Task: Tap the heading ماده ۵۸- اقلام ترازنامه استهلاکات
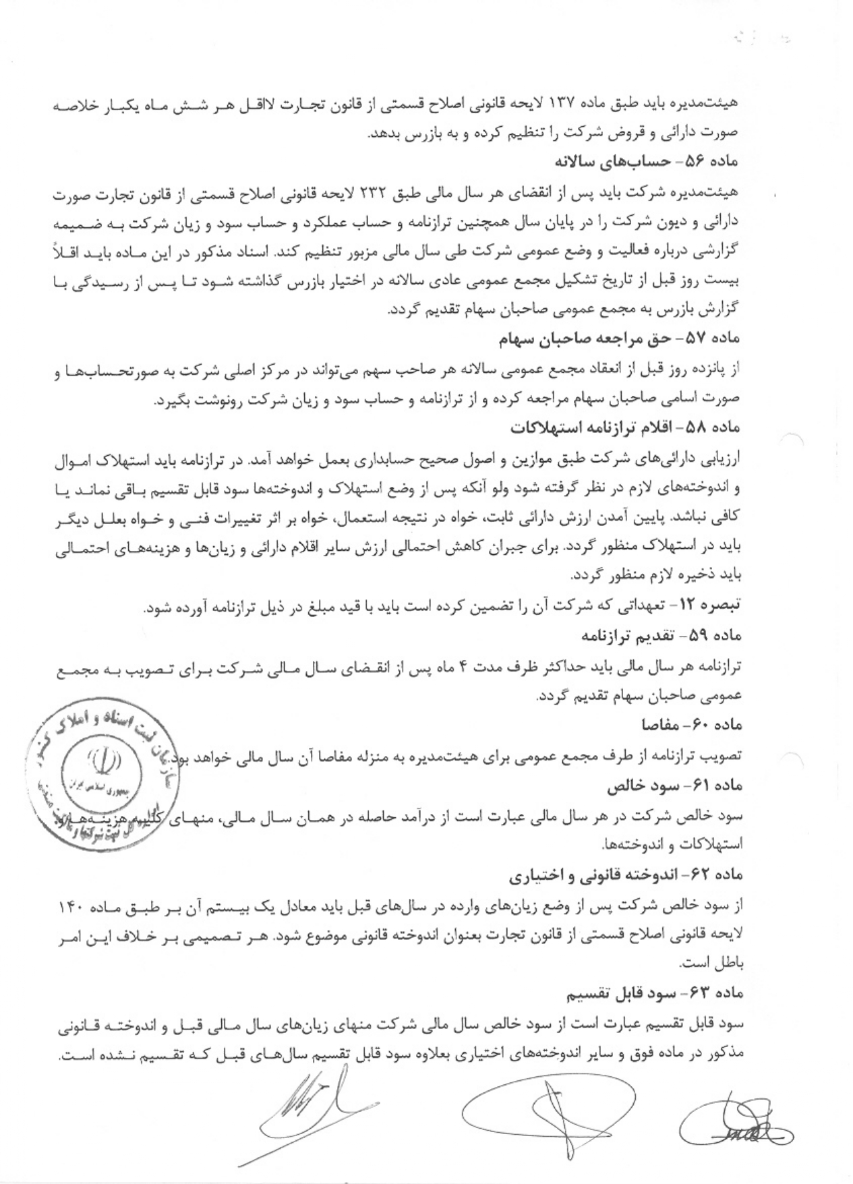(625, 427)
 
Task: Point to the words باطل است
(711, 964)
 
